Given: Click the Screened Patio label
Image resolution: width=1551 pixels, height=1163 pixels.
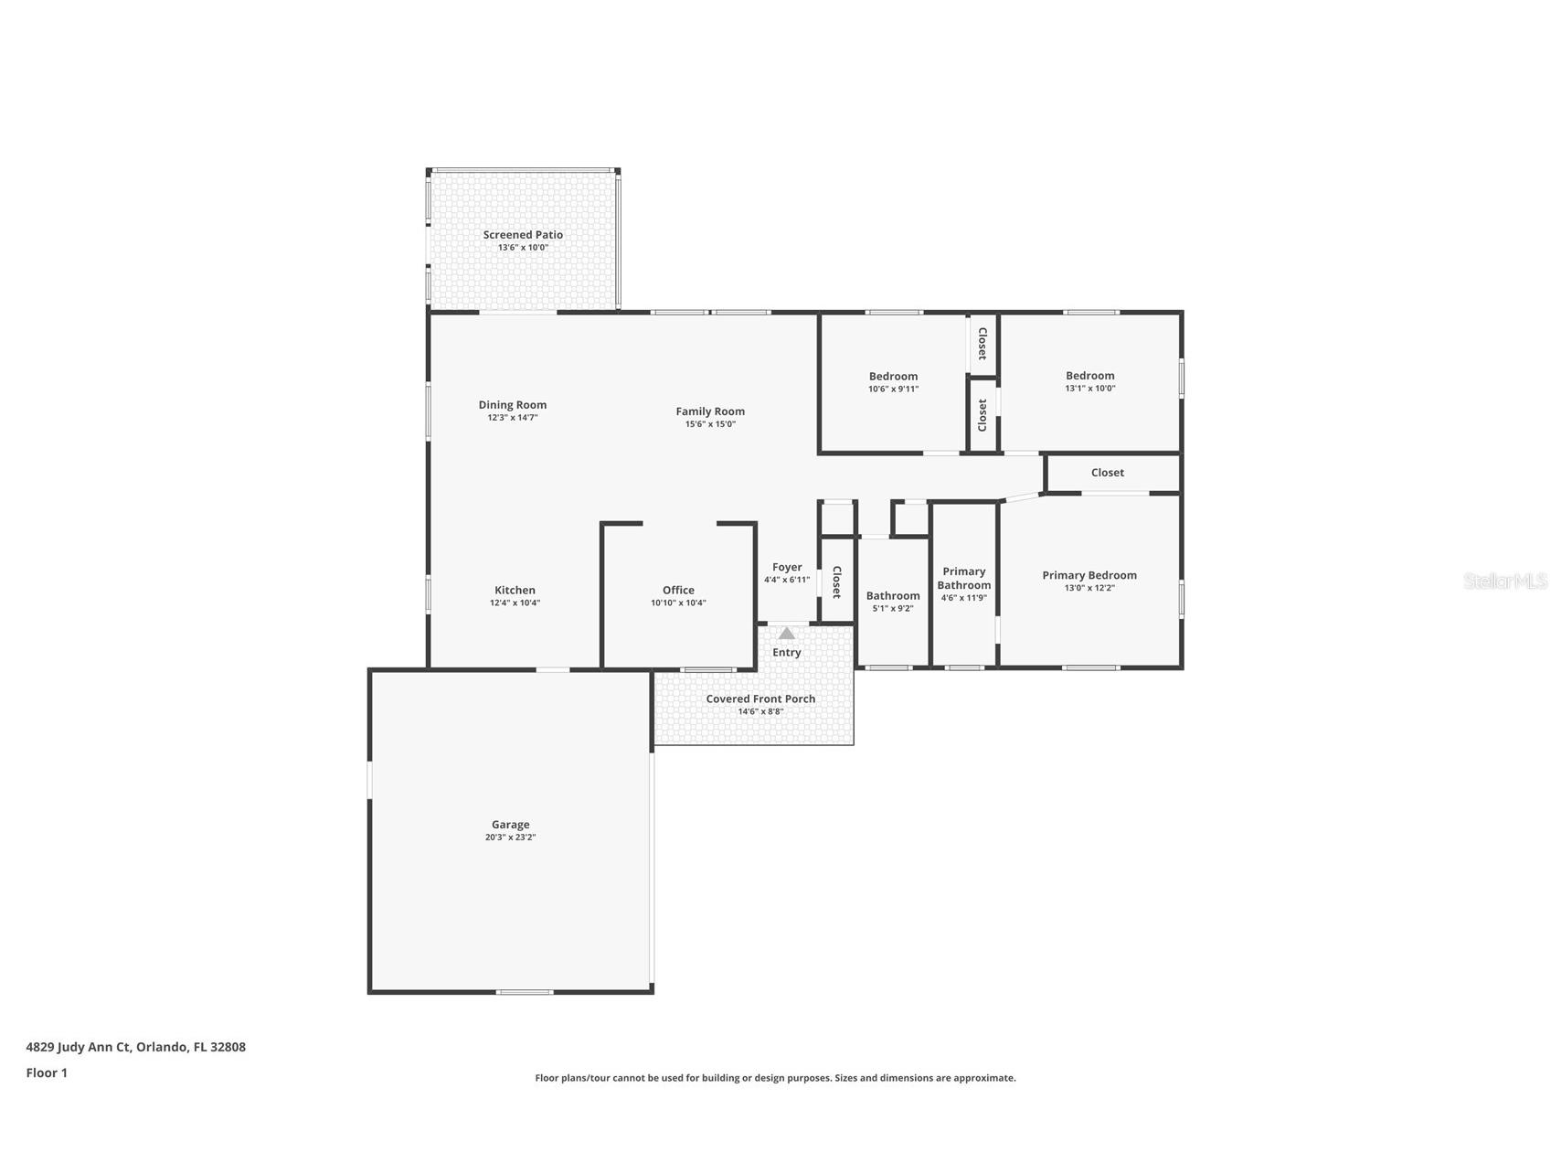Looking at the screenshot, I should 523,235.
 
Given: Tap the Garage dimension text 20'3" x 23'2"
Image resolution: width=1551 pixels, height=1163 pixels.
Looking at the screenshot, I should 510,838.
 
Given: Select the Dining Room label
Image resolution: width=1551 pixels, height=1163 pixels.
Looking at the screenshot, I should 513,405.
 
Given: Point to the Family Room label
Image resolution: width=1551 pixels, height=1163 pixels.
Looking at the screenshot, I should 710,411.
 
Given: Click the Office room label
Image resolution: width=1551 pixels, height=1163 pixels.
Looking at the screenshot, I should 678,591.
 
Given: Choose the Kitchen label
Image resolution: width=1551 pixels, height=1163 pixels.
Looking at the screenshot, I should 515,591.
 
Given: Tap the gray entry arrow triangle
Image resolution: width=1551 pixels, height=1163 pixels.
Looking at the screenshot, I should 786,633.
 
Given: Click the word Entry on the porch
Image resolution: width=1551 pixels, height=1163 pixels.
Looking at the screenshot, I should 786,653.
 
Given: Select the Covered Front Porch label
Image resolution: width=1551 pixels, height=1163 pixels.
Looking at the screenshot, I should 760,699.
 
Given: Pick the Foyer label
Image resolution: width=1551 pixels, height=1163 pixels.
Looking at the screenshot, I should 787,568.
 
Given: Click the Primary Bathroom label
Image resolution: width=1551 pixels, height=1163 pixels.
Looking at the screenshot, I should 964,579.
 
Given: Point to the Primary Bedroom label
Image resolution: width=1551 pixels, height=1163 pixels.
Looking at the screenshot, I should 1089,576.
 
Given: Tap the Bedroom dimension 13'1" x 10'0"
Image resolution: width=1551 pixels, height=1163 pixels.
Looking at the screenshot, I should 1089,389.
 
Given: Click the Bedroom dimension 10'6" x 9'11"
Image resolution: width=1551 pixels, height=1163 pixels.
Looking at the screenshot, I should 893,389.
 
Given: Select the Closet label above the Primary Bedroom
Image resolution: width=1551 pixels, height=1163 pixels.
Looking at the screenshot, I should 1107,473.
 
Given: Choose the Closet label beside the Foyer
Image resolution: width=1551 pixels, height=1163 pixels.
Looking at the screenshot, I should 836,581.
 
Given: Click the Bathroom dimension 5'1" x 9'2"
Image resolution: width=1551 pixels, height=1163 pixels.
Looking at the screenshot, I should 893,609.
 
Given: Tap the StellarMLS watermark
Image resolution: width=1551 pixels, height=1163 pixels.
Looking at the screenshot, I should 1504,581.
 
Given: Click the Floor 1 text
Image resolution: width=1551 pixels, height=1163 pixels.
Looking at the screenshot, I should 47,1073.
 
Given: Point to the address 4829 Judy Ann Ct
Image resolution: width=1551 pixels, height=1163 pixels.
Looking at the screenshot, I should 135,1048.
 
